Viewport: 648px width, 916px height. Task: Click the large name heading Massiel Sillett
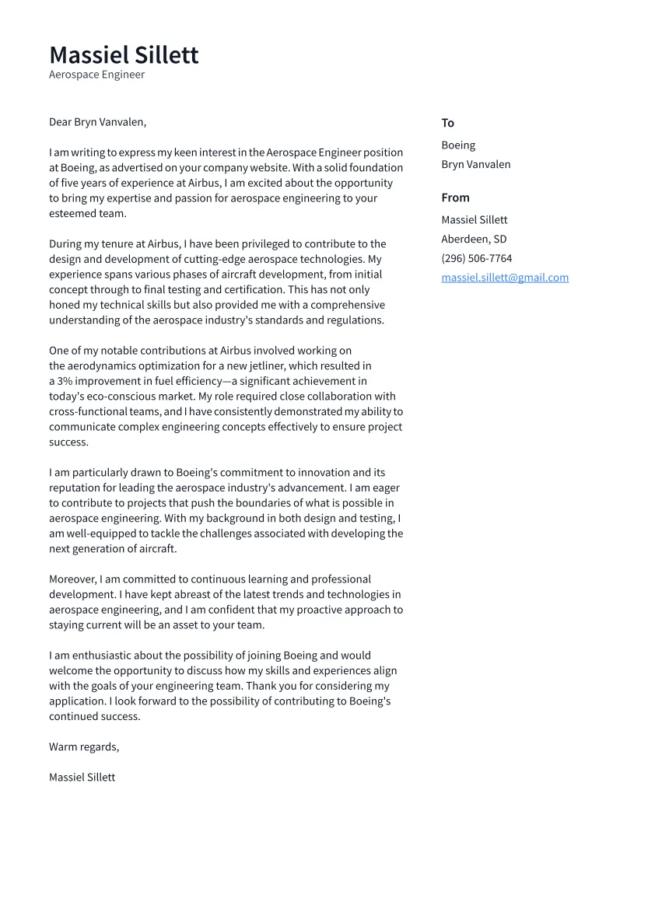pos(124,55)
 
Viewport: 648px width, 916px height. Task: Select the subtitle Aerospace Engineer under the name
pos(96,75)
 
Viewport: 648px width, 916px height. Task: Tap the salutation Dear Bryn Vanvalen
pos(97,122)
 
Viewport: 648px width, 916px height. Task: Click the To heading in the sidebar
pos(447,123)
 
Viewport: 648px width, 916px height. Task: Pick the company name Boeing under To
pos(458,145)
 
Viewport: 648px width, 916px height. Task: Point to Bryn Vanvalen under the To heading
pos(475,165)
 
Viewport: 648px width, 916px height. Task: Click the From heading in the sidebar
pos(455,198)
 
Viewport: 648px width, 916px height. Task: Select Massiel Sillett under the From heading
pos(474,220)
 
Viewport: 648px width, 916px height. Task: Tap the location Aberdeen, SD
pos(473,239)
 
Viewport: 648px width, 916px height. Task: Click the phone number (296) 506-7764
pos(476,258)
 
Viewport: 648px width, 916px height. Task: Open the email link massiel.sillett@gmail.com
pos(504,278)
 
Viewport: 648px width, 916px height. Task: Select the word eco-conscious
pos(115,397)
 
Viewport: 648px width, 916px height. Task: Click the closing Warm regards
pos(83,747)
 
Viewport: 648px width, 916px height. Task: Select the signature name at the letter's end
pos(82,778)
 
